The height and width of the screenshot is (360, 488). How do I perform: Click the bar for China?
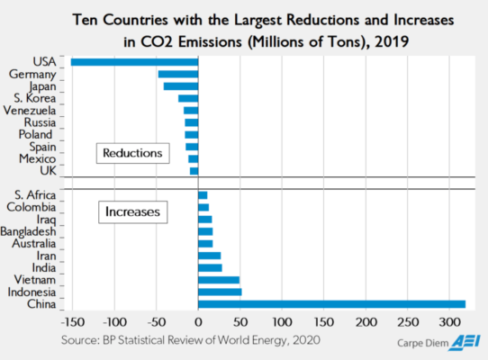click(331, 303)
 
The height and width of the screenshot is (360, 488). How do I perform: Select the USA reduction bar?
click(134, 61)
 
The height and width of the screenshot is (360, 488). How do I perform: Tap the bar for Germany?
click(177, 74)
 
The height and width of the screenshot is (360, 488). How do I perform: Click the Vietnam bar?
click(219, 280)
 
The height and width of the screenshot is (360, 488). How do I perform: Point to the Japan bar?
click(180, 85)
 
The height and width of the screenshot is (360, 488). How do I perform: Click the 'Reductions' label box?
click(132, 153)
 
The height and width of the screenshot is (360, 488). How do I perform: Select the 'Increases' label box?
click(132, 212)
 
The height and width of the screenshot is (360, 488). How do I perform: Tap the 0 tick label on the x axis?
click(198, 321)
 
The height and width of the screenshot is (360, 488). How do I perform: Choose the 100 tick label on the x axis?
click(282, 321)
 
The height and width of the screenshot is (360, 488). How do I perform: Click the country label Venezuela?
click(32, 110)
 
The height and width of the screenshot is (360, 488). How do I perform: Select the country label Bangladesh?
click(31, 231)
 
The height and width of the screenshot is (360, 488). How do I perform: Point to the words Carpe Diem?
click(420, 342)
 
